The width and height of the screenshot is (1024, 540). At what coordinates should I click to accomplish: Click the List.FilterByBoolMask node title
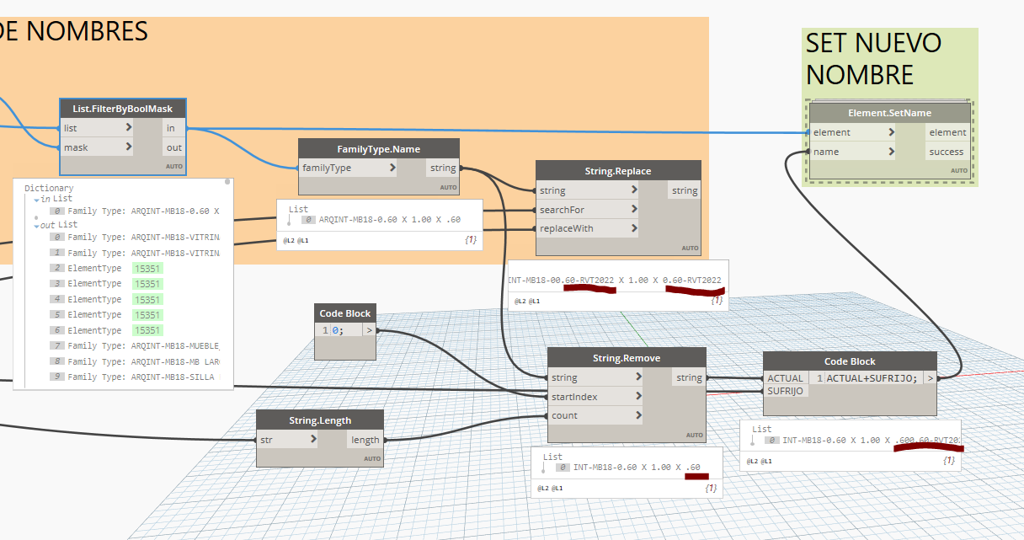123,109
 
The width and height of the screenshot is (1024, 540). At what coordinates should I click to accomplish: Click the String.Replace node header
618,171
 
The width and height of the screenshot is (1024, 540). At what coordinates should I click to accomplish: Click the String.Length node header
320,420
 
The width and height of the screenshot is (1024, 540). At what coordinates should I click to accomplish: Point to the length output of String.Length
365,439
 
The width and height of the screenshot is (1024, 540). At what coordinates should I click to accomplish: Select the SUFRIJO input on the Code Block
785,391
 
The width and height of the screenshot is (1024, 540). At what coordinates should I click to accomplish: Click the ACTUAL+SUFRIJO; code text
872,378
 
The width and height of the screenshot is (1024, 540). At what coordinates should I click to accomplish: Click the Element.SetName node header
889,113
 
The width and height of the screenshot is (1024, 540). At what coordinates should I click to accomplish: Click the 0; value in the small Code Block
338,330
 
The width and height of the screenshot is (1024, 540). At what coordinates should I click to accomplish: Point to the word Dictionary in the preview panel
49,188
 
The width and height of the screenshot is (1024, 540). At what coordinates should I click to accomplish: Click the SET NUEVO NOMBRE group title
873,58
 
